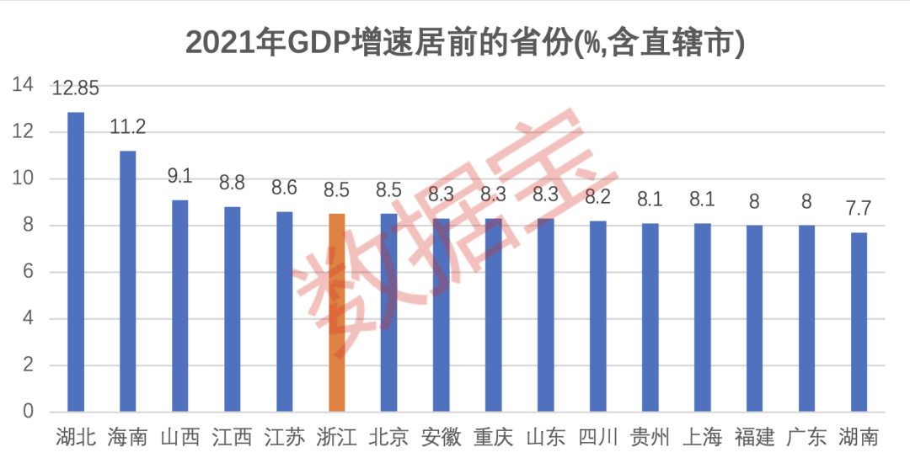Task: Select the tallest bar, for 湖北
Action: [x=76, y=262]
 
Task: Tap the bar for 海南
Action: [x=128, y=281]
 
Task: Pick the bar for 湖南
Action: [x=859, y=322]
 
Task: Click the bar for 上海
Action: [x=702, y=317]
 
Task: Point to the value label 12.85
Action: [x=76, y=88]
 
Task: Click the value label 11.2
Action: [x=128, y=127]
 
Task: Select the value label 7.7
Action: [x=859, y=209]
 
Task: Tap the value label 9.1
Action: [x=180, y=176]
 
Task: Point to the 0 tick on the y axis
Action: [x=28, y=412]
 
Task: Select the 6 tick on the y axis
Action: [x=28, y=272]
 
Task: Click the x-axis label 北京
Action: [x=389, y=437]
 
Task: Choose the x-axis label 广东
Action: [x=806, y=437]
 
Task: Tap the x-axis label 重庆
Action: [x=494, y=437]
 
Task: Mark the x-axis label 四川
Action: [x=597, y=437]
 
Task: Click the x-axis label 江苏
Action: [x=285, y=437]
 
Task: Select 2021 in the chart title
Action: [x=211, y=42]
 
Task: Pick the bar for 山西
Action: [x=180, y=306]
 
